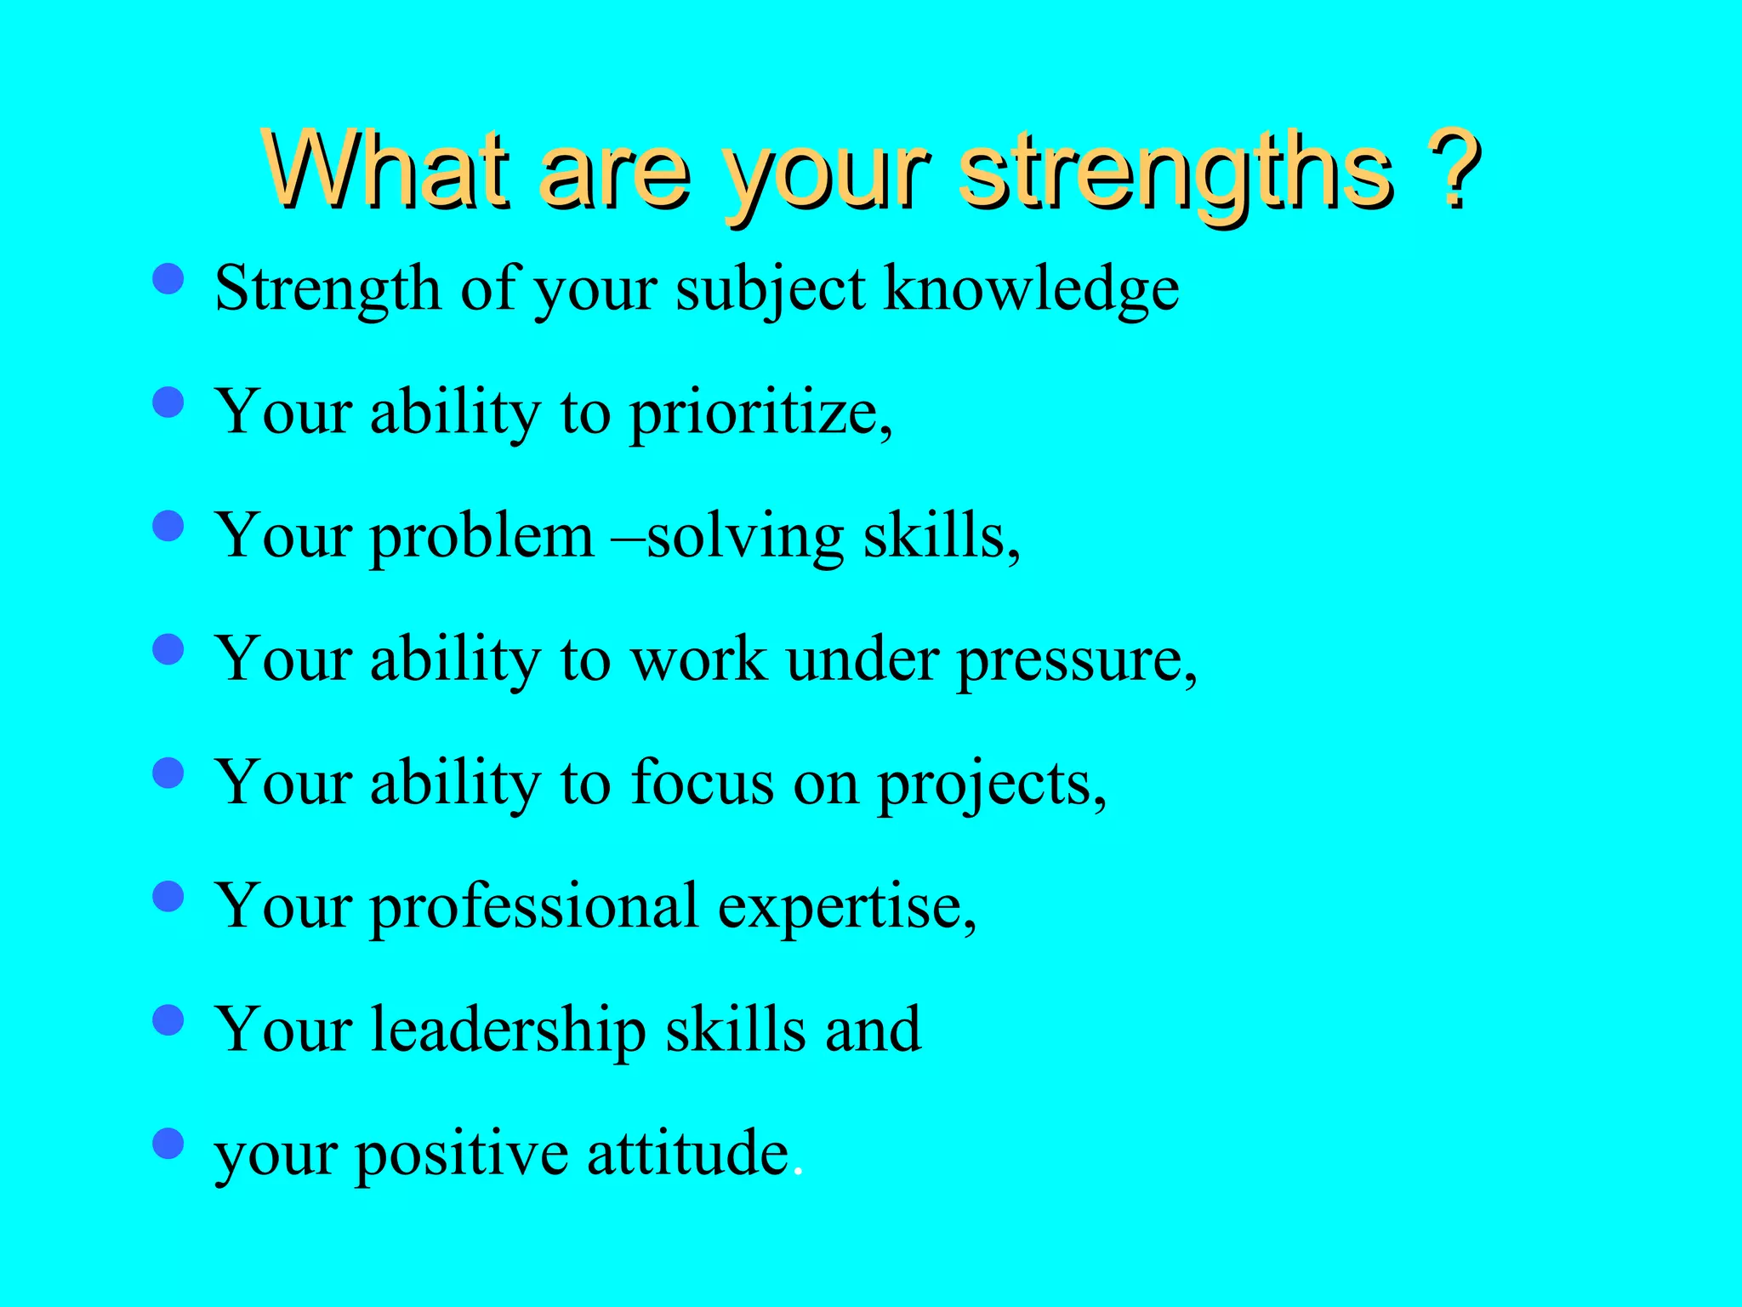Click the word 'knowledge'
[1032, 290]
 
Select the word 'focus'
[702, 783]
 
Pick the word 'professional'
[534, 907]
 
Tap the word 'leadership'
[508, 1030]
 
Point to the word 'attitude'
[687, 1154]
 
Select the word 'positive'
[462, 1156]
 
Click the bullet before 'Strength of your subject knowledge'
[168, 278]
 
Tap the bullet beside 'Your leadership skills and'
[168, 1019]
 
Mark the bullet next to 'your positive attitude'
[168, 1144]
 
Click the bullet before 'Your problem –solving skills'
[168, 526]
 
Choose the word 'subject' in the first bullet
[771, 290]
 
